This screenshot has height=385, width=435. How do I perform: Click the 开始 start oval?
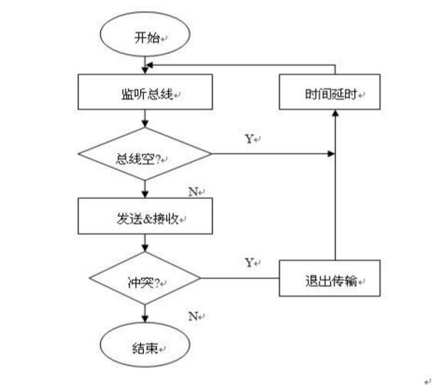point(144,36)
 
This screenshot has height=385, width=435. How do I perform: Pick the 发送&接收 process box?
point(144,217)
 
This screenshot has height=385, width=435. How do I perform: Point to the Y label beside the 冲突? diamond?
point(249,262)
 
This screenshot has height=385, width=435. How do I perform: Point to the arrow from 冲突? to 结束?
point(144,310)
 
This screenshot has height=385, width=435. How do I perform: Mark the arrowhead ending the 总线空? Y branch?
point(331,154)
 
